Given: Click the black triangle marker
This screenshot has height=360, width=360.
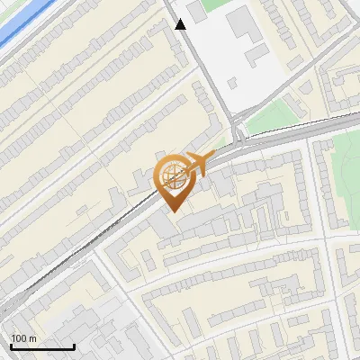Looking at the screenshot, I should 181,24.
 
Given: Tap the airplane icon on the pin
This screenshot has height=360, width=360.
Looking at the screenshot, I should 198,162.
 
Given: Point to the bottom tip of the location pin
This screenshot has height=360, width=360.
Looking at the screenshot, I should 172,211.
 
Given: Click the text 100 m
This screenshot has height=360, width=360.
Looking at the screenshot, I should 23,338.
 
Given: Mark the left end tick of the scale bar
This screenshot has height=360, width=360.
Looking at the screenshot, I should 11,346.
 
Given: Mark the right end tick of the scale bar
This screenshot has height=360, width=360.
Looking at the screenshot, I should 74,346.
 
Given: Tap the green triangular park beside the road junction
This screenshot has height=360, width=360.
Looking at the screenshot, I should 270,117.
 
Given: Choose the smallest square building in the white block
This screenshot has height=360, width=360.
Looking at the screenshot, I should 232,83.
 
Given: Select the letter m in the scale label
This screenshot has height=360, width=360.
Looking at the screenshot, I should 32,338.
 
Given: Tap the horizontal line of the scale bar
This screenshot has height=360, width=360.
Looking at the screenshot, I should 42,347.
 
